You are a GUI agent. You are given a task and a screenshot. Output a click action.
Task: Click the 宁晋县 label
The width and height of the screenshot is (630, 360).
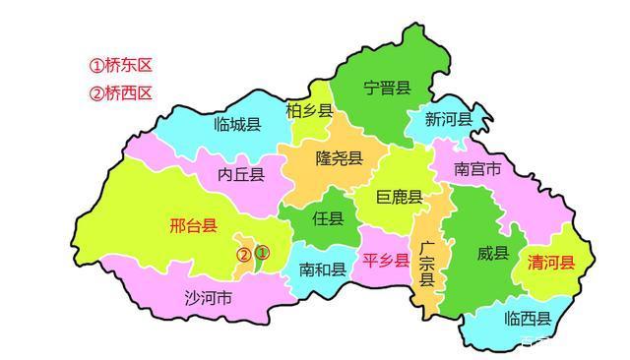[386, 89]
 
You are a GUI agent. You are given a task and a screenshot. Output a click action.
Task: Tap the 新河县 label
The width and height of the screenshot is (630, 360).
[449, 120]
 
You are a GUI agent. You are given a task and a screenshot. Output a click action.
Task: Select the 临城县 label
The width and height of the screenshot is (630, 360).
[237, 125]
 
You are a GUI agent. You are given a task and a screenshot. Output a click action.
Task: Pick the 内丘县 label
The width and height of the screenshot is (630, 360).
[241, 175]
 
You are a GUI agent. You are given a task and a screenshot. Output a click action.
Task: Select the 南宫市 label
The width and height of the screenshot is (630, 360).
[477, 169]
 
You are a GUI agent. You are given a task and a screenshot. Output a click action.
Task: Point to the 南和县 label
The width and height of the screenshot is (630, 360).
[322, 269]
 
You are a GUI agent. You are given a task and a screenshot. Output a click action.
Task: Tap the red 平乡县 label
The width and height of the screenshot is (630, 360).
[387, 261]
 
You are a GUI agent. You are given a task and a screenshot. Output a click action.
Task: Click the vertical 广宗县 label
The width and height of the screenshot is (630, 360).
[426, 263]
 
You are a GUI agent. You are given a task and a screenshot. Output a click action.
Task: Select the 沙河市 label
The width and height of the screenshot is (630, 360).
[208, 297]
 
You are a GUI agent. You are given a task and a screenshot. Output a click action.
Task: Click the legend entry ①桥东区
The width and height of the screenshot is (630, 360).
[121, 67]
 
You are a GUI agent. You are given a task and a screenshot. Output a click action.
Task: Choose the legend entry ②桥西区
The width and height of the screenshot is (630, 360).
[121, 94]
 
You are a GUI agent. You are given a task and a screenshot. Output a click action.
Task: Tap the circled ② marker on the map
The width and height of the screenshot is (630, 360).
[242, 255]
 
